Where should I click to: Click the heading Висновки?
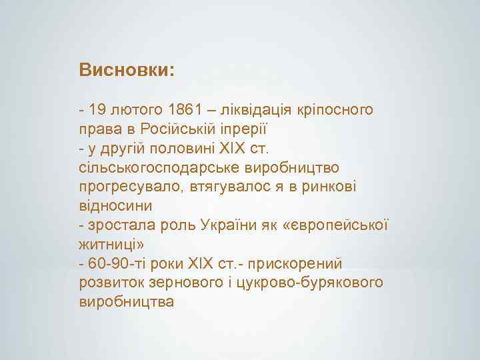pos(126,70)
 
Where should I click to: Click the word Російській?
pos(188,127)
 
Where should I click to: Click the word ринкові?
pos(331,183)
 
